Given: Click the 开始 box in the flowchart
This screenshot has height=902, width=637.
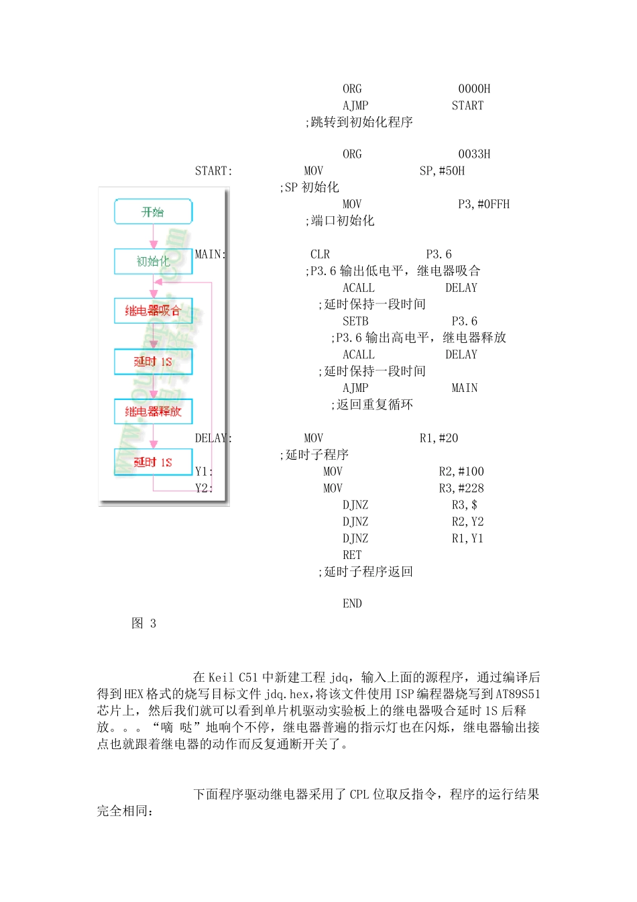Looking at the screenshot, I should coord(153,211).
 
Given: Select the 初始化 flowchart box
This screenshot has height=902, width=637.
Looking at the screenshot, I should coord(153,261).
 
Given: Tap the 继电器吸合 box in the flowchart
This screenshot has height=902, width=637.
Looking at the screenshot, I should coord(153,311).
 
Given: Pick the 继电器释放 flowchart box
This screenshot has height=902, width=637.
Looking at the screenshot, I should coord(153,411).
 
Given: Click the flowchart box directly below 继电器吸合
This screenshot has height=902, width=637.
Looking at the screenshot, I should coord(153,362).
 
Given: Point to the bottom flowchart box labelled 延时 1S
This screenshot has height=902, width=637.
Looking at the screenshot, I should coord(153,462).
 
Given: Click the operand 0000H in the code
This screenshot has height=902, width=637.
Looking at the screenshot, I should coord(474,89).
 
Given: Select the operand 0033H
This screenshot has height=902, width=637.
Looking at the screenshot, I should coord(474,154).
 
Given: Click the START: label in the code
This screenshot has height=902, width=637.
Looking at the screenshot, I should coord(213,170).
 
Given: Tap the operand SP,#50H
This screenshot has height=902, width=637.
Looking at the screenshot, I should coord(442,170).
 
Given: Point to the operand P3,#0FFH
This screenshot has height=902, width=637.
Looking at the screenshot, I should coord(483,204).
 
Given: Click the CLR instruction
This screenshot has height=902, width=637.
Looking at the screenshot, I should coord(320,254).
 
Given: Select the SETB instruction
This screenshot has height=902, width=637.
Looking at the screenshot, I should coord(355,321).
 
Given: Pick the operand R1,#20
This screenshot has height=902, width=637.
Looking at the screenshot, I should coord(439,438).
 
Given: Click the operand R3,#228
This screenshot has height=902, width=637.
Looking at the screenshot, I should coord(461,488).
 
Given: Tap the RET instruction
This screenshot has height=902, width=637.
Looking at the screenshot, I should coord(352,555).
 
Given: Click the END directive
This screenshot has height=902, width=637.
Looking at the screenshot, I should coord(352,603).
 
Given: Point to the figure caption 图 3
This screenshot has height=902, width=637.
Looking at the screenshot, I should coord(143,623).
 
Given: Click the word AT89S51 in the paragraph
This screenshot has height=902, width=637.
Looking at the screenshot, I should coord(518,694).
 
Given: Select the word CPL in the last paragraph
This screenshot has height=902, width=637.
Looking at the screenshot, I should coord(359,795).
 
